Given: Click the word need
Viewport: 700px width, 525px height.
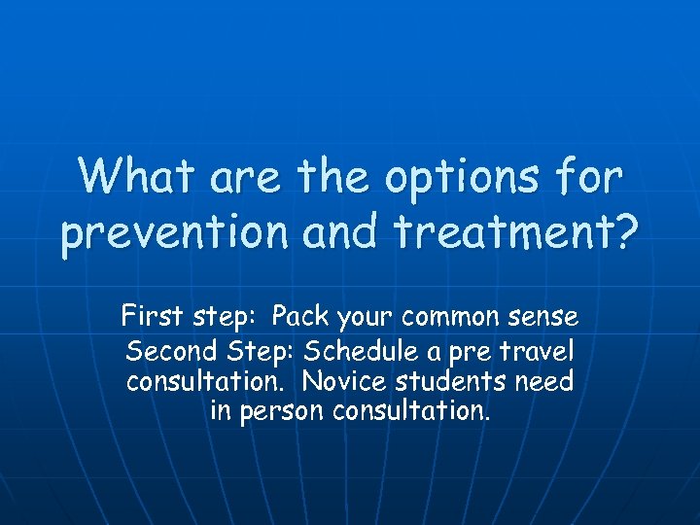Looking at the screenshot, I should point(548,380).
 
